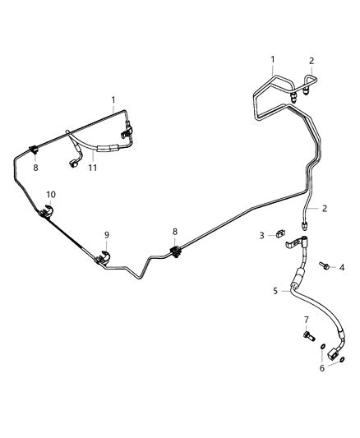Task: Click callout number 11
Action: tap(93, 168)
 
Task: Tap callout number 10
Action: tap(51, 195)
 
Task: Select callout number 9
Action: tap(107, 235)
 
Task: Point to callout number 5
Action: tap(275, 291)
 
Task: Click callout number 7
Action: tap(307, 319)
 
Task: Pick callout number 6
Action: tap(322, 368)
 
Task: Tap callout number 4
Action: tap(342, 268)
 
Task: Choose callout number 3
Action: tap(261, 236)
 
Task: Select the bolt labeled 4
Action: tap(324, 265)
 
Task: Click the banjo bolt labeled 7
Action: tap(308, 335)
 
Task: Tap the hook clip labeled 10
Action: tap(47, 211)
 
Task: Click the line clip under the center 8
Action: tap(175, 251)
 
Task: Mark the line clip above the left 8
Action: tap(34, 150)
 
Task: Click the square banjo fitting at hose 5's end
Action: tap(333, 353)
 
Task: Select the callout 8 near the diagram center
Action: tap(175, 232)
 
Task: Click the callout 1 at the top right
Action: tap(273, 59)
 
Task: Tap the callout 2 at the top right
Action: tap(312, 61)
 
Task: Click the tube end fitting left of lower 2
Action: tap(304, 225)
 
